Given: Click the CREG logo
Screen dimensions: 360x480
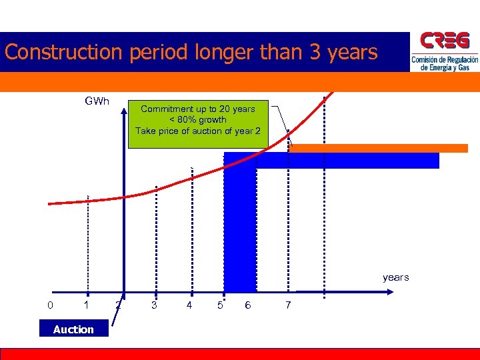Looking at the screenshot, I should click(x=444, y=52).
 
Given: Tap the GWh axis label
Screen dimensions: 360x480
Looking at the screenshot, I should click(x=97, y=101).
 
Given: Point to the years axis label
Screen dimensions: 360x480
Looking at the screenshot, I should click(x=395, y=277).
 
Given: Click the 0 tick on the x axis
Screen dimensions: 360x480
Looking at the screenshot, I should click(x=51, y=305).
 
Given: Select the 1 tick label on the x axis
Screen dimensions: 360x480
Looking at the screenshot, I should click(x=86, y=305).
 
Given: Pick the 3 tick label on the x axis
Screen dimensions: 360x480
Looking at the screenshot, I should click(x=155, y=305).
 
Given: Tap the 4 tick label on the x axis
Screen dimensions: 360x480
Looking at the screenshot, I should click(x=190, y=305).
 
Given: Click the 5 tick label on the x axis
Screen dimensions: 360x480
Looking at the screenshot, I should click(x=220, y=305).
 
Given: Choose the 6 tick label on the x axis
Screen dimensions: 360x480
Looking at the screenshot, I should click(x=248, y=305).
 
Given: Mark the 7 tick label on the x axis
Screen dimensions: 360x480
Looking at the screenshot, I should click(x=288, y=305).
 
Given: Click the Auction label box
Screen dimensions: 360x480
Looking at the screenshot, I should click(x=73, y=329).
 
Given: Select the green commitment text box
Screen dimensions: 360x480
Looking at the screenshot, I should click(x=197, y=123).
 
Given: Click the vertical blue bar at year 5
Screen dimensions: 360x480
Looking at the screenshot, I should click(x=240, y=227).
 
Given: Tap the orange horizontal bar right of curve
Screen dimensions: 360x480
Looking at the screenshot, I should click(x=378, y=148).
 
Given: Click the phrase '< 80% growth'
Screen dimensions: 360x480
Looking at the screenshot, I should click(x=197, y=120).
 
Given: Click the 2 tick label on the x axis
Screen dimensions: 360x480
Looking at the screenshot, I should click(x=118, y=305).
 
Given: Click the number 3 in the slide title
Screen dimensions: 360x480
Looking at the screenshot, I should click(x=315, y=52).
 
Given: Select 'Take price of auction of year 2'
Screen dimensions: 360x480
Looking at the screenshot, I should click(x=198, y=131).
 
